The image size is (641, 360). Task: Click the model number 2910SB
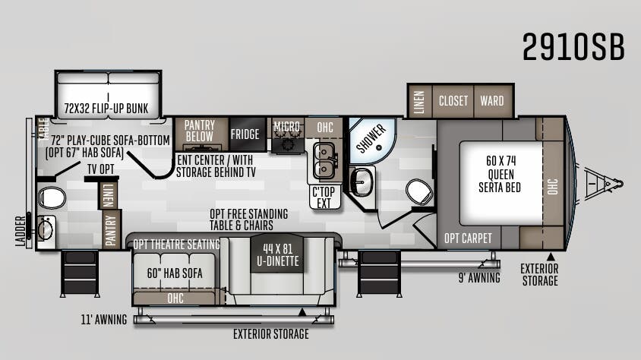tap(573, 47)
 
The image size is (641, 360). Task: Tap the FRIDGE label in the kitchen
tap(245, 134)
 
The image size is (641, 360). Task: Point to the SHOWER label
tap(371, 137)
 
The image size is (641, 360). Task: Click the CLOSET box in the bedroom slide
tap(454, 100)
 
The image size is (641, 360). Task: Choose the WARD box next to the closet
tap(492, 100)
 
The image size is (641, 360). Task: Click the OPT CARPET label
tap(468, 238)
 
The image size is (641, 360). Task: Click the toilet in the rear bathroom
tap(51, 198)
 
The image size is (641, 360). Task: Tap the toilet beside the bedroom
tap(418, 191)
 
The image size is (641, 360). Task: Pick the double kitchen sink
tap(325, 159)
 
